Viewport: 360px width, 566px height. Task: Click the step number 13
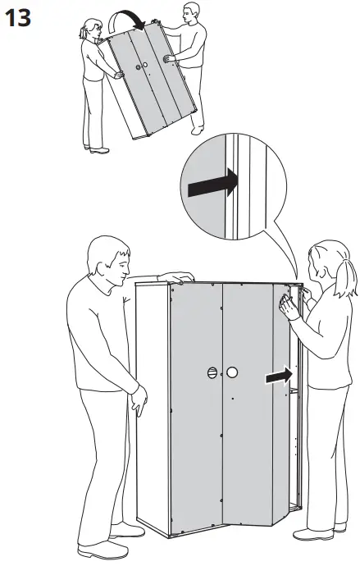(x=18, y=18)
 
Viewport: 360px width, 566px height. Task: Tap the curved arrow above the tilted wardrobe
(x=125, y=16)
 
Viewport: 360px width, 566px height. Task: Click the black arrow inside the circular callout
(x=213, y=184)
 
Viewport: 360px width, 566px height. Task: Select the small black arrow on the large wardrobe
(x=279, y=376)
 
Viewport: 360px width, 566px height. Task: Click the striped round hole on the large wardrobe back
(x=212, y=372)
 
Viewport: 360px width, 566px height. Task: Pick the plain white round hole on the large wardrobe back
(x=232, y=372)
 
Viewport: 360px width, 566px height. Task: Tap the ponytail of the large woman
(x=345, y=277)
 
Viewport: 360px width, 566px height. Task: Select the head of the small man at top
(x=190, y=13)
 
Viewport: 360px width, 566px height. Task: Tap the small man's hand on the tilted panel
(x=168, y=58)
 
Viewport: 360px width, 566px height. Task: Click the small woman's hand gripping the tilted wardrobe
(x=118, y=75)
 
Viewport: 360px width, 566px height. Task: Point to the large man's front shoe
(x=103, y=550)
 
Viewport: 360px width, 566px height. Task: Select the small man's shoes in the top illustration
(x=198, y=130)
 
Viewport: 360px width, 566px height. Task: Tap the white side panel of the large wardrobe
(x=153, y=404)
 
